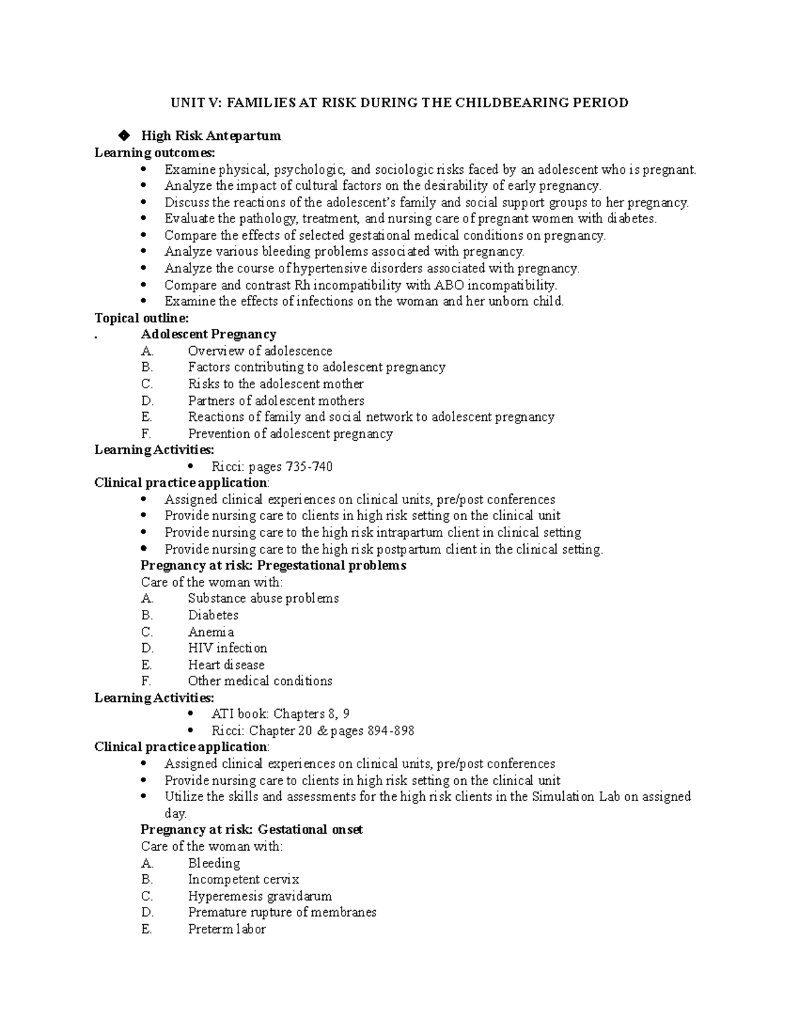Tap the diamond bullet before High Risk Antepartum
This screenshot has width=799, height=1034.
(x=123, y=136)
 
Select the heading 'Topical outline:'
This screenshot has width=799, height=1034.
(x=142, y=318)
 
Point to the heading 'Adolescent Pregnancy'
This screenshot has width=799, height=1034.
(x=208, y=334)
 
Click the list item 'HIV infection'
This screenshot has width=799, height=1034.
(x=227, y=648)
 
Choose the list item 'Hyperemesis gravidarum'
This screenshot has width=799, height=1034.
(x=260, y=896)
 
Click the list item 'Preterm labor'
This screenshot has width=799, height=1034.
(x=226, y=929)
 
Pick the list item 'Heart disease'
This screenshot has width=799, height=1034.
(x=226, y=664)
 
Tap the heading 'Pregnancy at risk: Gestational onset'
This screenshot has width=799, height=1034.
(x=252, y=830)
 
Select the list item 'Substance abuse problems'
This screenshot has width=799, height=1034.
(x=263, y=599)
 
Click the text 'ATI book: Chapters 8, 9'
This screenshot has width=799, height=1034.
(x=280, y=714)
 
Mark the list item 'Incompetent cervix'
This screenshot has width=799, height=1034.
(x=244, y=880)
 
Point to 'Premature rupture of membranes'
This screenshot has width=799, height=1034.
(x=282, y=912)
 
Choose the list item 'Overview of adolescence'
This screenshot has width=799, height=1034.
(x=260, y=351)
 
